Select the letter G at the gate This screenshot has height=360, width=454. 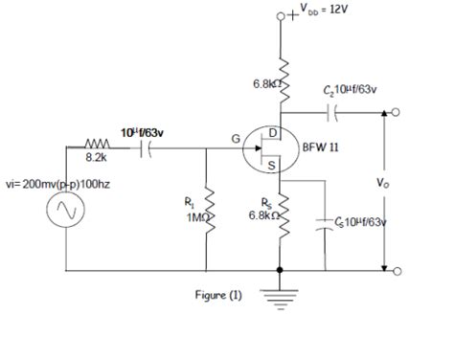click(x=236, y=140)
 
